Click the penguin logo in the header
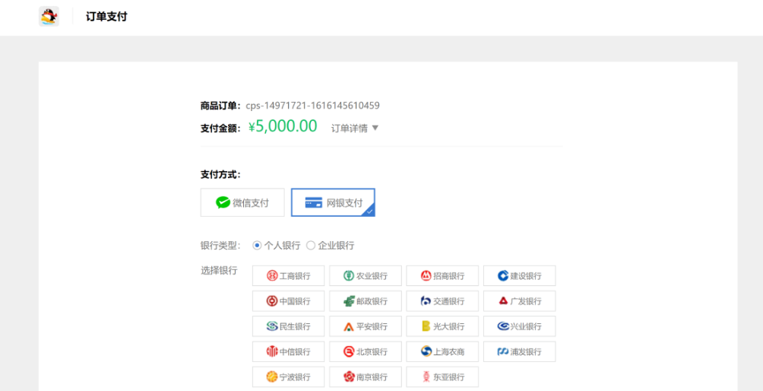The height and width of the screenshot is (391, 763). point(49,16)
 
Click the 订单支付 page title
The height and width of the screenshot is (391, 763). point(106,16)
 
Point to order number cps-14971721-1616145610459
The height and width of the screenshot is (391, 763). point(312,106)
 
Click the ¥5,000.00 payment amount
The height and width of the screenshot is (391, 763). point(283,126)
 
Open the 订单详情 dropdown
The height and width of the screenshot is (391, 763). point(354,128)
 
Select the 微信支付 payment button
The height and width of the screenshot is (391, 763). point(242,202)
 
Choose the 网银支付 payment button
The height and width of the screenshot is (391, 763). point(333,202)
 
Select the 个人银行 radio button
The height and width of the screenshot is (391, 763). point(257,245)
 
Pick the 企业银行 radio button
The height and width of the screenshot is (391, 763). point(311,245)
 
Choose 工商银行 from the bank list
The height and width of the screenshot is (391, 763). point(288,275)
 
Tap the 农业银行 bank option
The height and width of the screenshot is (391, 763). point(366,275)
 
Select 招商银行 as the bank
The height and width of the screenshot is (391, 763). point(442,275)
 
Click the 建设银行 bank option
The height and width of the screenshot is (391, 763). point(519,275)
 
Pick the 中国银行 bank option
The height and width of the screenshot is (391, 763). point(288,300)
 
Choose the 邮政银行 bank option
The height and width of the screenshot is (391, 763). point(366,300)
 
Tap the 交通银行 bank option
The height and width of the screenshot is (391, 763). point(442,300)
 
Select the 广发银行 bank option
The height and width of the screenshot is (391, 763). point(519,300)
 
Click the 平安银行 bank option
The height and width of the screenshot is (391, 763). point(366,326)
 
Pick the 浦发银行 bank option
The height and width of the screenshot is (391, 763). point(519,351)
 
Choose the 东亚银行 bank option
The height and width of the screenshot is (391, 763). point(442,377)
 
